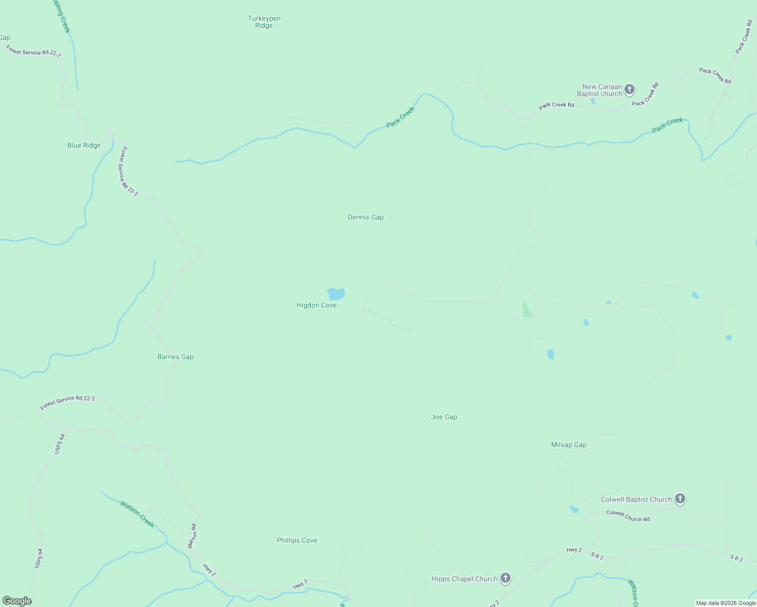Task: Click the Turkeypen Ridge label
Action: coord(264,22)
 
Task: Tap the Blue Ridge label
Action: coord(84,146)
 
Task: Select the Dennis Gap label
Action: coord(365,218)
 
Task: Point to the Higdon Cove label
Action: coord(316,306)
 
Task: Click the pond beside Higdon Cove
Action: coord(336,293)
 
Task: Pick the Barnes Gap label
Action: coord(175,357)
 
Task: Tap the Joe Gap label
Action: coord(444,417)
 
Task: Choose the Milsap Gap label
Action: coord(568,445)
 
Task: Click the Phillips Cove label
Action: coord(297,541)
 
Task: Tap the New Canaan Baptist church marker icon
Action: coord(629,90)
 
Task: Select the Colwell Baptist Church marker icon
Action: coord(680,499)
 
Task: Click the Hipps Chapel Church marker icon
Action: coord(505,578)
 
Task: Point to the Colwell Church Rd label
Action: coord(628,516)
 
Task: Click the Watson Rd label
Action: coord(192,536)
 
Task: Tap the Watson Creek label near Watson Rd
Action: coord(137,514)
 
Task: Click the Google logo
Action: coord(17,601)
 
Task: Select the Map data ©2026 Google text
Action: coord(726,603)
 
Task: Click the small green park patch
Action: coord(527,310)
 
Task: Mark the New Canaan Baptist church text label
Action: coord(599,91)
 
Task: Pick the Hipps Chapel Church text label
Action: coord(464,579)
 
